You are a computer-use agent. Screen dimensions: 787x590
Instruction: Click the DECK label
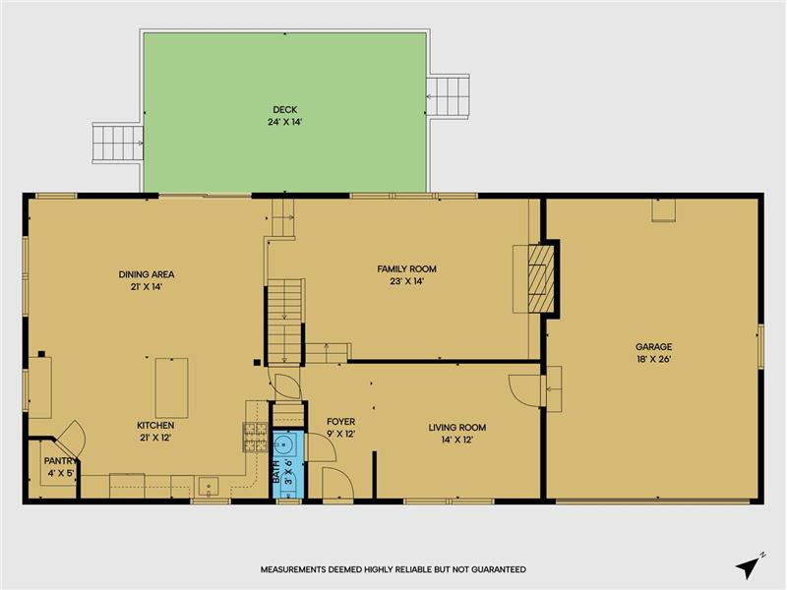(284, 109)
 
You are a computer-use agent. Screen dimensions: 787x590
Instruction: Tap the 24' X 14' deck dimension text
(284, 122)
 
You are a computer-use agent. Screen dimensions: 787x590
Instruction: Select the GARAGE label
(653, 347)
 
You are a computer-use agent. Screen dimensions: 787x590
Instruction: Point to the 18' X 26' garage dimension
(653, 359)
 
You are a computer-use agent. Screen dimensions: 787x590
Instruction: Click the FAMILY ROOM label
(406, 268)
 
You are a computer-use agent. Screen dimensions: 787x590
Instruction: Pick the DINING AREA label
(147, 274)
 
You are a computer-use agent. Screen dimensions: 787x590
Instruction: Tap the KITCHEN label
(155, 426)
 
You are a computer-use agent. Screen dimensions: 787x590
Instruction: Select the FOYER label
(340, 422)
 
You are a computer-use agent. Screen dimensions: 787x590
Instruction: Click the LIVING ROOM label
(456, 428)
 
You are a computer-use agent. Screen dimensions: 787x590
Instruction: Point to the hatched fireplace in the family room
(540, 278)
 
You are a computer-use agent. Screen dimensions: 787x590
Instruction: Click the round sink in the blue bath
(284, 444)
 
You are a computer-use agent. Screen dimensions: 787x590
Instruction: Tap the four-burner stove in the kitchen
(256, 437)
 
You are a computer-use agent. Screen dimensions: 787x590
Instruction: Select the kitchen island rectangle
(171, 387)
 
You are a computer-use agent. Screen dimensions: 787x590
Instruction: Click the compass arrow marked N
(750, 565)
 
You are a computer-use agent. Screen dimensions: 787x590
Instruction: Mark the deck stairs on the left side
(118, 143)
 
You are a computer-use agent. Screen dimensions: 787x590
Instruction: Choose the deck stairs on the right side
(448, 96)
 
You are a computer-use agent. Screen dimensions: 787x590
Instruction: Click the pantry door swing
(70, 438)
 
